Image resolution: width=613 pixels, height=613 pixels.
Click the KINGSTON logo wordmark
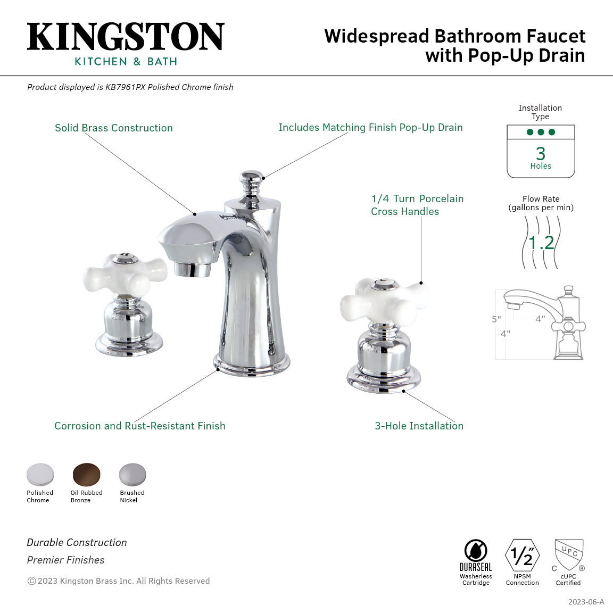pos(126,37)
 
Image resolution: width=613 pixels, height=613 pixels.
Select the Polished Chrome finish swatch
pos(40,474)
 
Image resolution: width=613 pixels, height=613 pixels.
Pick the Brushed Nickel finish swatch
pos(132,474)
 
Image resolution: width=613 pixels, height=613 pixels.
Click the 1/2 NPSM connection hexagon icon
pos(522,556)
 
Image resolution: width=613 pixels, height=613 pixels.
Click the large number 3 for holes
pos(541,154)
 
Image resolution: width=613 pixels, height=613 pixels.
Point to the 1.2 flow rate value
pos(541,243)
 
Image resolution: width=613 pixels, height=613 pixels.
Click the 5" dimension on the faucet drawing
pos(496,319)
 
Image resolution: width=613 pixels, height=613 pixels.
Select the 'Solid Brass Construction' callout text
pos(114,128)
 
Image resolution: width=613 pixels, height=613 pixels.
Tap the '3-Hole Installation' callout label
pos(419,426)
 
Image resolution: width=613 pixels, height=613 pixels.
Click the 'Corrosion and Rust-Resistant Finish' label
pos(140,426)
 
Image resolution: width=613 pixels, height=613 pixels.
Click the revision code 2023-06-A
pos(586,602)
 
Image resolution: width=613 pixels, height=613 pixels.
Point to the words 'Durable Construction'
pos(77,542)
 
